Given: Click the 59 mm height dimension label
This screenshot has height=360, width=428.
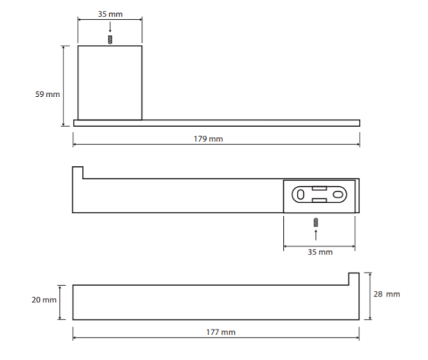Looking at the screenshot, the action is tap(48, 94).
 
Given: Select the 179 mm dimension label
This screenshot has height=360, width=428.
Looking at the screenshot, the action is tap(208, 139).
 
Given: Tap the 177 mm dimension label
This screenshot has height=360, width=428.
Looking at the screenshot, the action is tap(221, 332).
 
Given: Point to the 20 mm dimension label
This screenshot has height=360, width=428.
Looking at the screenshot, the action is tap(44, 300).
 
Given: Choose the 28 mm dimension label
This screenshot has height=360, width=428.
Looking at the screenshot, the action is tap(387, 294).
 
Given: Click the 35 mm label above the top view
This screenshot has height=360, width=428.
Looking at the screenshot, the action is tap(111, 14).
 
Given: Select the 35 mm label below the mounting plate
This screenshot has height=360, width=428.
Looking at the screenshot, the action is tap(320, 252).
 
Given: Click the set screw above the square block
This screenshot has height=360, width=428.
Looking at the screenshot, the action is tap(110, 40).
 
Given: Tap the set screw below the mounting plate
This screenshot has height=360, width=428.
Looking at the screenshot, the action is tap(316, 222).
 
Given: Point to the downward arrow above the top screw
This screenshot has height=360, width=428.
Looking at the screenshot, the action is tap(110, 27).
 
